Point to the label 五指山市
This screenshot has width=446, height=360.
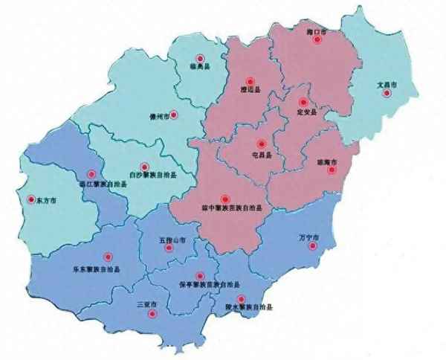pos(172,240)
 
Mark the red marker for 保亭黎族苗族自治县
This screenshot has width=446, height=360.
pos(198,274)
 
